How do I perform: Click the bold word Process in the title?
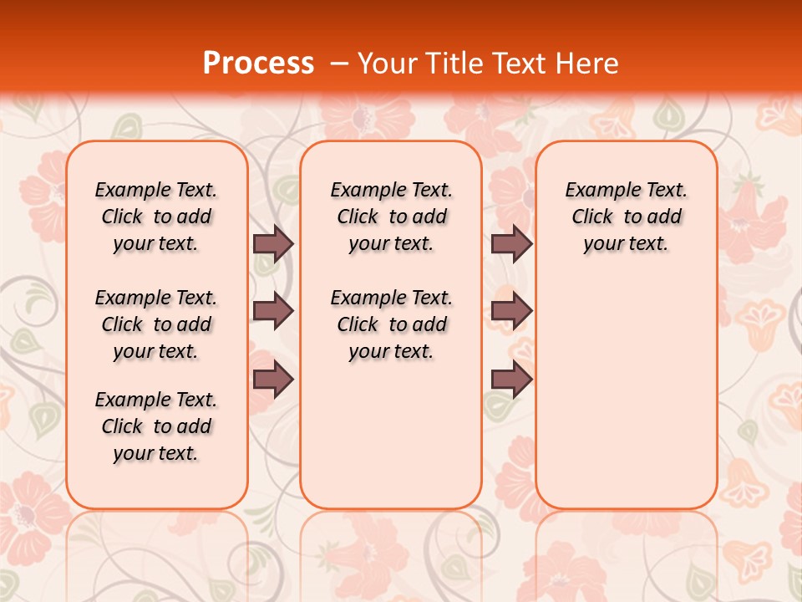[258, 63]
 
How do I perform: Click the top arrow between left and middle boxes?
[273, 243]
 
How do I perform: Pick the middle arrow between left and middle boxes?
[273, 311]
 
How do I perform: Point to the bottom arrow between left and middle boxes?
[273, 380]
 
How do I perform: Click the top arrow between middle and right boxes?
[511, 243]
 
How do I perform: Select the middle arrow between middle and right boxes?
[511, 311]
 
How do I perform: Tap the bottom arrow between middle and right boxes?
[511, 380]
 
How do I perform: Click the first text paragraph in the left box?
[156, 217]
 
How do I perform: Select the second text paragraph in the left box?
[156, 324]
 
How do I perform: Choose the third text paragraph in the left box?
[156, 426]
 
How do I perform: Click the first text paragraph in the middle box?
[391, 217]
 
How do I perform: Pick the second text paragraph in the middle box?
[391, 324]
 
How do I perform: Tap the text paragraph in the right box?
[626, 217]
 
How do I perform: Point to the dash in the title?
[339, 64]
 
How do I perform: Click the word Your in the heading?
[388, 63]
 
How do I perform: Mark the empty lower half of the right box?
[626, 393]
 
